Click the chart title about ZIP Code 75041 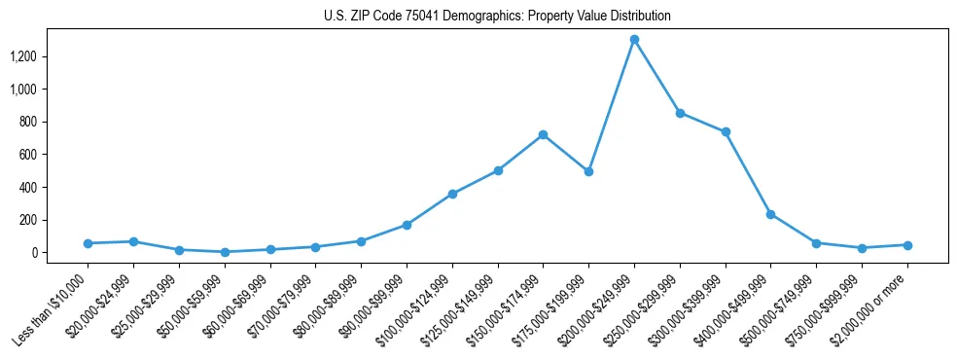pos(497,17)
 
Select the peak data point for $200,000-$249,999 pos(634,40)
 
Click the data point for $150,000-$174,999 pos(543,134)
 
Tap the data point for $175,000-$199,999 pos(588,171)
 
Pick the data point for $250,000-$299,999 pos(680,113)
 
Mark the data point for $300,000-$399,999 pos(726,132)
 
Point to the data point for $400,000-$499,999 pos(771,214)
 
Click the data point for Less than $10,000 pos(88,243)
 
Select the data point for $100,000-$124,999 pos(452,194)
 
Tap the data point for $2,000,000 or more pos(907,245)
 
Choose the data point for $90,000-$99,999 pos(407,225)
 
